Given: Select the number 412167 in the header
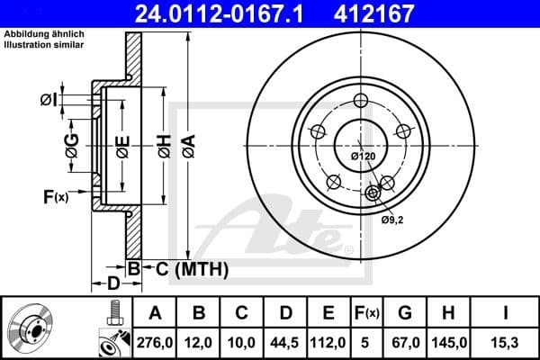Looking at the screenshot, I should tap(400, 13).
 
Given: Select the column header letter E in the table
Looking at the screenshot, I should tap(329, 313).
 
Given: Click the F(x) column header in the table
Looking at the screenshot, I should tap(368, 313).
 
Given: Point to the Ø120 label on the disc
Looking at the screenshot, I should tap(362, 157).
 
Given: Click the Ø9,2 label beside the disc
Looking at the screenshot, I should tap(391, 219).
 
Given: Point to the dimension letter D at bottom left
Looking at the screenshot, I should tap(112, 283).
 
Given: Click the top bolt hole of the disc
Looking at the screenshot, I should tap(361, 100).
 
